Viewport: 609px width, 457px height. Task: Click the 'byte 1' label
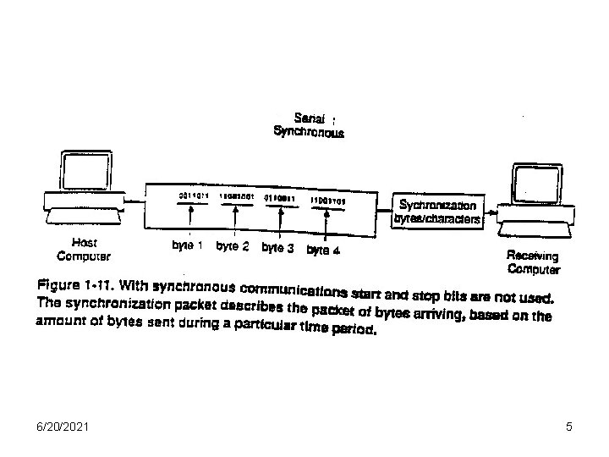click(x=187, y=246)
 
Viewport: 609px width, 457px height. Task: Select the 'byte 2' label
click(x=233, y=247)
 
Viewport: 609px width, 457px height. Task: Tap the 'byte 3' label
click(x=277, y=248)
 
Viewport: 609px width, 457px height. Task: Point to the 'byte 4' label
click(x=323, y=250)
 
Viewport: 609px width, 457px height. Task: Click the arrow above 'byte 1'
click(x=191, y=223)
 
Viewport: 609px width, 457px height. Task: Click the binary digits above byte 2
click(x=236, y=195)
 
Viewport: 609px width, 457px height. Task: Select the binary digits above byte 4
click(x=327, y=201)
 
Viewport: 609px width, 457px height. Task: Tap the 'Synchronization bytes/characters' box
click(x=437, y=212)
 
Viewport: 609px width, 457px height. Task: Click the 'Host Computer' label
click(x=84, y=247)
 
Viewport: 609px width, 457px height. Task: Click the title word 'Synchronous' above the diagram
click(x=309, y=132)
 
